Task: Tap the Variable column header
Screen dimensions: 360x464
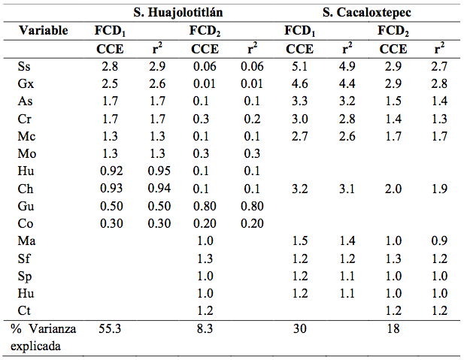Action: (43, 31)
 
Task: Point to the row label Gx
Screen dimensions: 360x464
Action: (25, 84)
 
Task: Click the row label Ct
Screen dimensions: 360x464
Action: (24, 310)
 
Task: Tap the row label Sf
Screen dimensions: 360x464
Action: (24, 258)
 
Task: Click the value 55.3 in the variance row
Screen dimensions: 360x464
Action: (110, 329)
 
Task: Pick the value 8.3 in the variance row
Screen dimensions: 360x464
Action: (204, 329)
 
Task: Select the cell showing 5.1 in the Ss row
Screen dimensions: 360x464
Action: (299, 68)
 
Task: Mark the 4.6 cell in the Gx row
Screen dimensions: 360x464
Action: (299, 84)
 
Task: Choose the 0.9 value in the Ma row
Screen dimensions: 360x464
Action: (438, 241)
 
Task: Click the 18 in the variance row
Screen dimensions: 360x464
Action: (392, 329)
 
